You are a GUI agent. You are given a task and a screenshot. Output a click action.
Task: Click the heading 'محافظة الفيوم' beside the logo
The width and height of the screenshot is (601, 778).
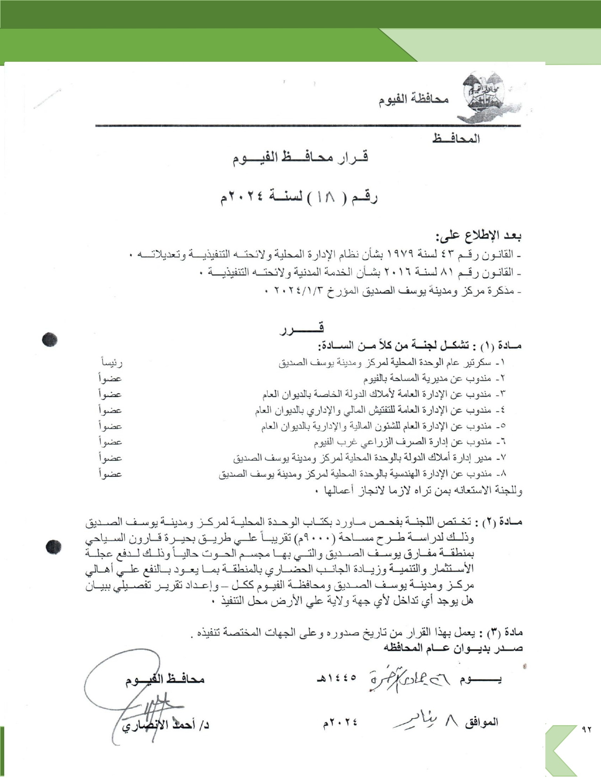(x=413, y=99)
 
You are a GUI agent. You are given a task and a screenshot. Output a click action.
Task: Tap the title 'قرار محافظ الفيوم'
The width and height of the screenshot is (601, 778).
(x=300, y=157)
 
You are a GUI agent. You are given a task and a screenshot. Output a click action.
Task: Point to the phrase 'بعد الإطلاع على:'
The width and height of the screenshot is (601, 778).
(x=478, y=235)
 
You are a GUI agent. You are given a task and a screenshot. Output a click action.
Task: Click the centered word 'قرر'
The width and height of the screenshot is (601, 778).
(x=302, y=328)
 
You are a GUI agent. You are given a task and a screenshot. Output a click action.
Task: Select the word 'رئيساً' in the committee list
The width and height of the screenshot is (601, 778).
(x=112, y=363)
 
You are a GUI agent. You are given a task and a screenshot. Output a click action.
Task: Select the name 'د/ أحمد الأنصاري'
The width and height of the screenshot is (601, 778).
(x=165, y=725)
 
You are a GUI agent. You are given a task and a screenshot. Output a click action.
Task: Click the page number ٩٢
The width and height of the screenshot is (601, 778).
(x=587, y=729)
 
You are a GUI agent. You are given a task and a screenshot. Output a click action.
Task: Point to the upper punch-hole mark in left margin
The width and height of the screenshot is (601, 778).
(x=49, y=339)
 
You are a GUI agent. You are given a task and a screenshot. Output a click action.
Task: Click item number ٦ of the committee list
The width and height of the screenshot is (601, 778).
(x=501, y=442)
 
